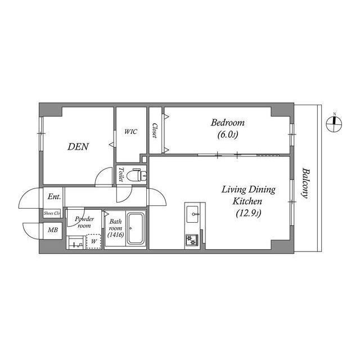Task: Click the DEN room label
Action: (78, 147)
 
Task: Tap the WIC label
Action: (130, 132)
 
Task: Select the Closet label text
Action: (154, 130)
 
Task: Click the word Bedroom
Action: (228, 123)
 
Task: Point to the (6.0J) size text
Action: (228, 135)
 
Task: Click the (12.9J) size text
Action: (247, 213)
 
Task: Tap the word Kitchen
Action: (247, 201)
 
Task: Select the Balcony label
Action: (305, 183)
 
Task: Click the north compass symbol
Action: (334, 124)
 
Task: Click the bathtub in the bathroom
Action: (136, 229)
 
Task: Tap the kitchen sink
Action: (192, 213)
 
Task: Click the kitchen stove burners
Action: (192, 240)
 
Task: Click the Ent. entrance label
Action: (54, 197)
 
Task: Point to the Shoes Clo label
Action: (51, 213)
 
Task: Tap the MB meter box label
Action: (52, 230)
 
